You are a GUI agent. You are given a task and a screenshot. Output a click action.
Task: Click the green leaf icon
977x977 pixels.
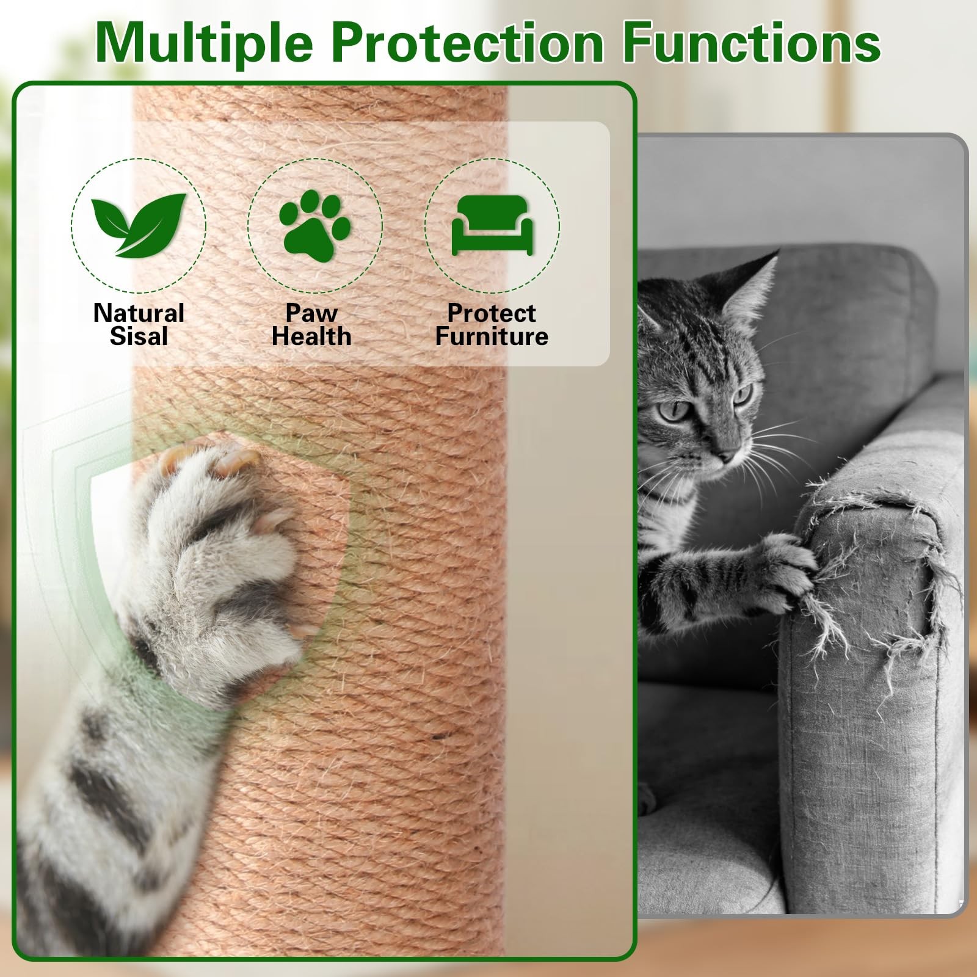click(x=139, y=225)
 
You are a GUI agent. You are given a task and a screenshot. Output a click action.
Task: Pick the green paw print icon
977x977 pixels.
click(x=314, y=224)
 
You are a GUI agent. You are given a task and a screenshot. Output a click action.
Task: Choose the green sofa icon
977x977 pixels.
click(x=492, y=225)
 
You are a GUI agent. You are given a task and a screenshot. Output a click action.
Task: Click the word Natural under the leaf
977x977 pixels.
click(x=139, y=313)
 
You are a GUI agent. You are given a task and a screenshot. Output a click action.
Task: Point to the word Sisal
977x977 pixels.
click(x=139, y=336)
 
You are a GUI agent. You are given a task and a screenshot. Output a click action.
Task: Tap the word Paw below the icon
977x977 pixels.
click(x=311, y=313)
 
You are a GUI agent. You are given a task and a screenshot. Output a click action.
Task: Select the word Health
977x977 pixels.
click(x=311, y=336)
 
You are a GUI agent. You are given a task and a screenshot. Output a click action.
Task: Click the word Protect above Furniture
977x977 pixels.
click(x=492, y=313)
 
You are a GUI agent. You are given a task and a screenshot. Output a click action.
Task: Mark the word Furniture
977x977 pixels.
click(x=492, y=336)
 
